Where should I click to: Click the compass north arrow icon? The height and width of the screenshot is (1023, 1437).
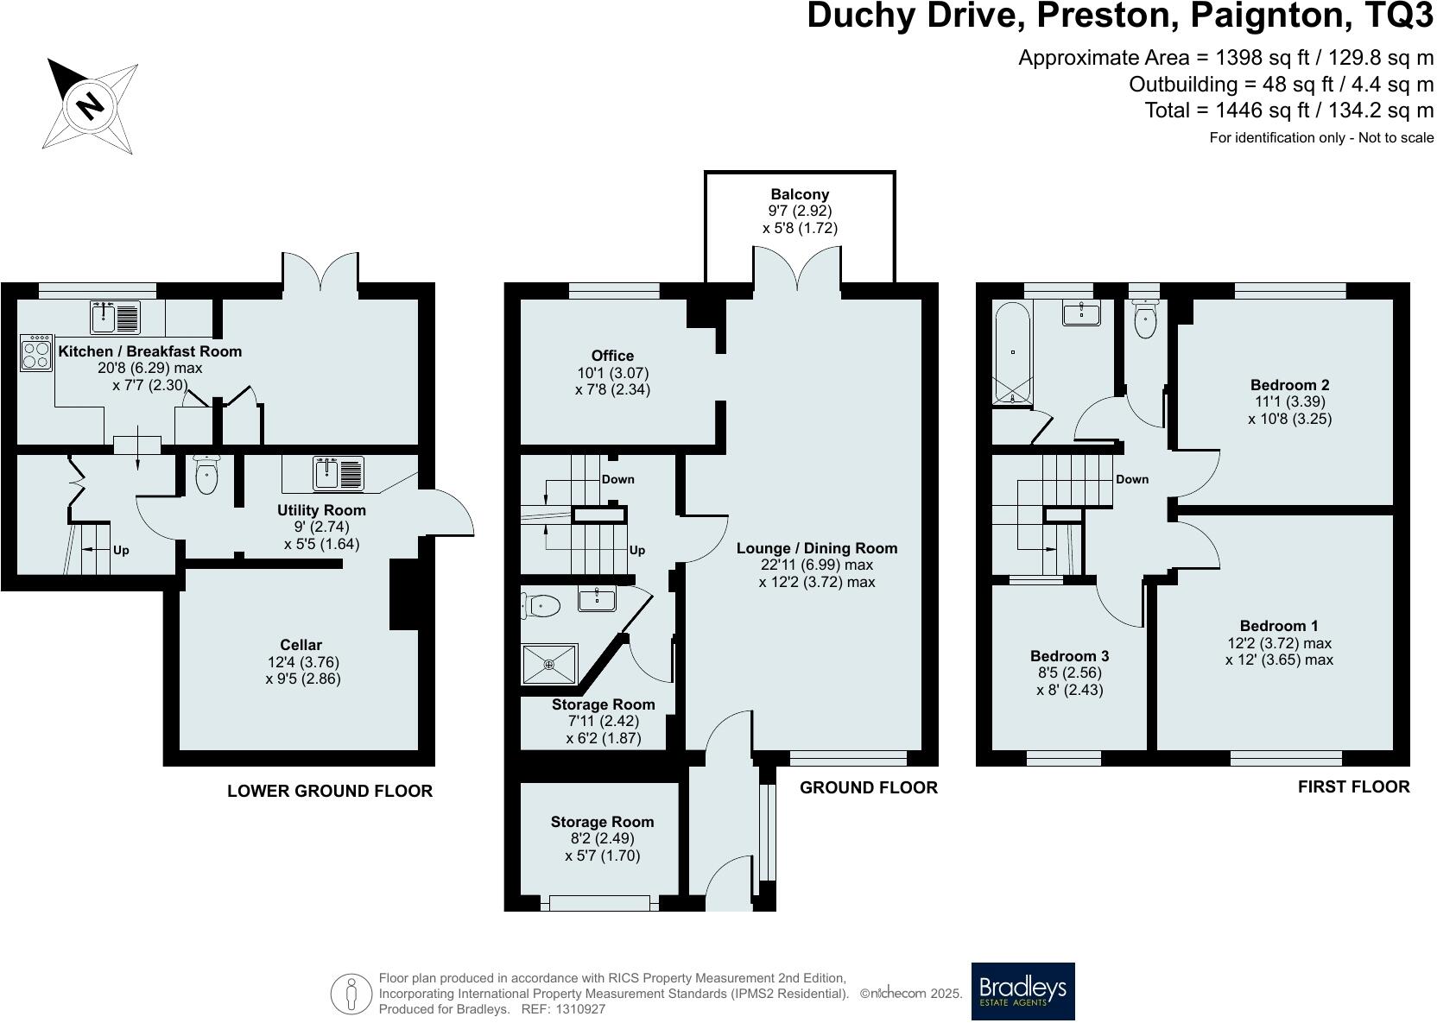pyautogui.click(x=91, y=105)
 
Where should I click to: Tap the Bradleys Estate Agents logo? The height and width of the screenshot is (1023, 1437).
pyautogui.click(x=1022, y=991)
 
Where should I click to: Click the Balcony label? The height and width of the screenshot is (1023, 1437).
pyautogui.click(x=800, y=195)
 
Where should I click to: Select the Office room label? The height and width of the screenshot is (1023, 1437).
pyautogui.click(x=612, y=356)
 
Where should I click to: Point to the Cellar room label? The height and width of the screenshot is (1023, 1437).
pyautogui.click(x=301, y=645)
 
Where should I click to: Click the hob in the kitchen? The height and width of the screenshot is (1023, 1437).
pyautogui.click(x=36, y=353)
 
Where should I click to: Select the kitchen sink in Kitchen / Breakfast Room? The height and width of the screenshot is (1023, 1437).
pyautogui.click(x=115, y=318)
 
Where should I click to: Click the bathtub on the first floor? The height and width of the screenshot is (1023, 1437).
pyautogui.click(x=1012, y=352)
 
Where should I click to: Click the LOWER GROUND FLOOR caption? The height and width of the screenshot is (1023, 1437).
pyautogui.click(x=329, y=791)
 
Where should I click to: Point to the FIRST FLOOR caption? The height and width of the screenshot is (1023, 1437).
pyautogui.click(x=1353, y=786)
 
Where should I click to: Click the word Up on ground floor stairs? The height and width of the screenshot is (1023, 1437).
pyautogui.click(x=636, y=550)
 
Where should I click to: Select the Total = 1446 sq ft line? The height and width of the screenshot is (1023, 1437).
pyautogui.click(x=1288, y=111)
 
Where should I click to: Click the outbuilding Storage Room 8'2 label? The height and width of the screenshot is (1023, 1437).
pyautogui.click(x=602, y=822)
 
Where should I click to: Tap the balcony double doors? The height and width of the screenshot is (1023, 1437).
pyautogui.click(x=797, y=268)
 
